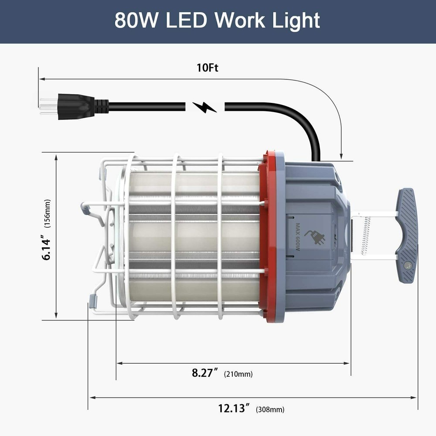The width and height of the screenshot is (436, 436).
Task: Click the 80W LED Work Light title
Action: [x=217, y=21]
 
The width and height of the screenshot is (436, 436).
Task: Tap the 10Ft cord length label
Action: [x=208, y=68]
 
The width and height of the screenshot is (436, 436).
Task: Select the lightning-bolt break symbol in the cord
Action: [x=204, y=107]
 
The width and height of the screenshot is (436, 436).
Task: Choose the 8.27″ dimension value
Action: [x=205, y=373]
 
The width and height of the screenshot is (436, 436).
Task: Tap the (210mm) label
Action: [x=238, y=374]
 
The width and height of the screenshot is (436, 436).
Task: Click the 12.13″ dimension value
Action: [x=234, y=409]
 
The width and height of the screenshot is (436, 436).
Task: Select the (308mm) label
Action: [x=270, y=409]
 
